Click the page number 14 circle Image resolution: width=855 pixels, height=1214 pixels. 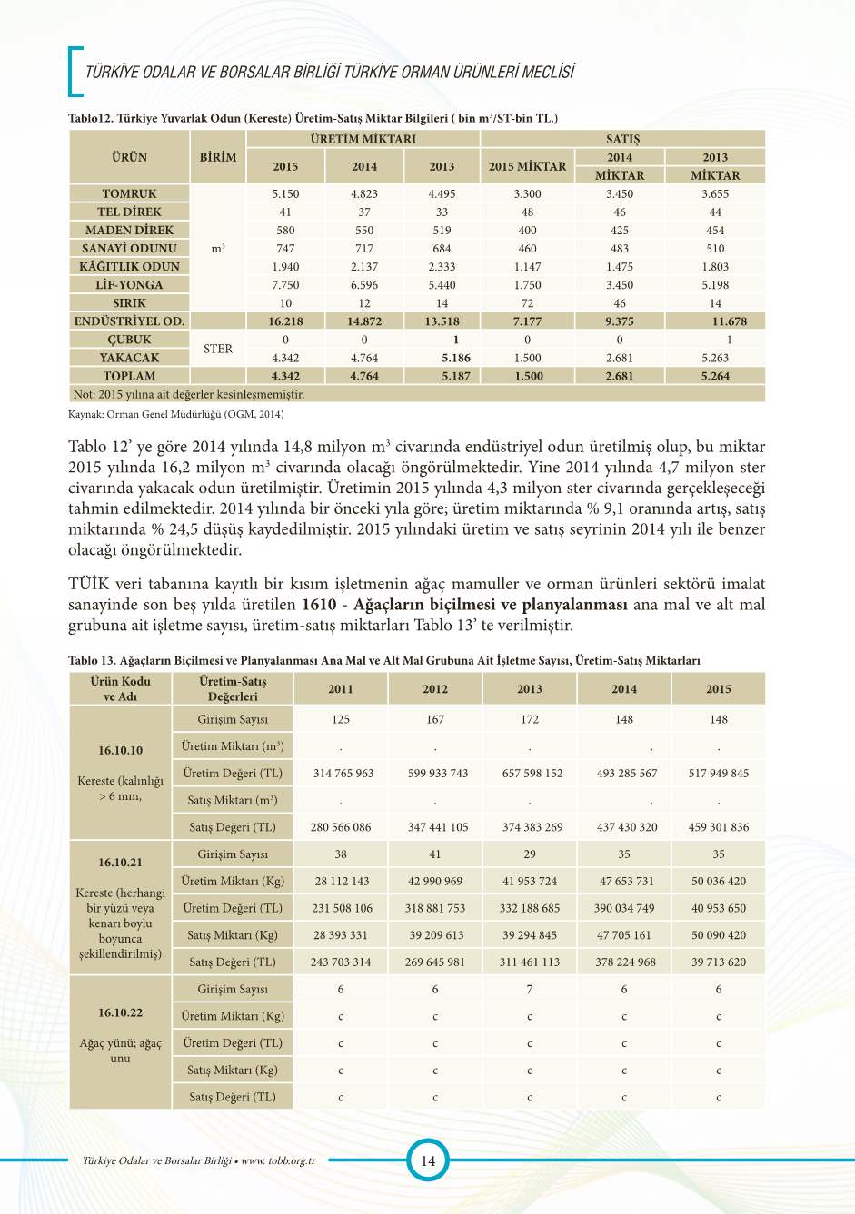[427, 1160]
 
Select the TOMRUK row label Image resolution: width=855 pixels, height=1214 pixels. [129, 193]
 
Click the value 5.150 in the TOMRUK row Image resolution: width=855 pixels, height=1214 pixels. [285, 193]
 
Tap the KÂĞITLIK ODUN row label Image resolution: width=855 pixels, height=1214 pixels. [129, 266]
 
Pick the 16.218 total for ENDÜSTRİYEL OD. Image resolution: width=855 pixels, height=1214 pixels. [285, 321]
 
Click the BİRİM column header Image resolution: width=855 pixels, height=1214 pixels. [218, 157]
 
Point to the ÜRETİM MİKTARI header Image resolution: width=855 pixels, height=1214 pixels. [363, 139]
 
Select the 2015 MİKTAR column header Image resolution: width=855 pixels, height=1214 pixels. [527, 166]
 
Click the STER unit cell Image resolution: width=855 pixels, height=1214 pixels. [218, 349]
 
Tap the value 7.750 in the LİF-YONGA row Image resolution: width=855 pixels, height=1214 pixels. [285, 284]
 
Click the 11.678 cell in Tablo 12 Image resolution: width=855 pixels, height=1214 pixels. [729, 321]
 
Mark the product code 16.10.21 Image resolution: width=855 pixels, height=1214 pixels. [121, 862]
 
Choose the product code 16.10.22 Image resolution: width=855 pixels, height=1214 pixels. [121, 1012]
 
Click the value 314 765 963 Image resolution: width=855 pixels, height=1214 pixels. [343, 773]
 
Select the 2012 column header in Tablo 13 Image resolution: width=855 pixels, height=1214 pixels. [435, 688]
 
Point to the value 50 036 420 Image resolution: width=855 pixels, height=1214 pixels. [719, 881]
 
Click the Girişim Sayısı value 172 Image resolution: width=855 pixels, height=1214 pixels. [530, 719]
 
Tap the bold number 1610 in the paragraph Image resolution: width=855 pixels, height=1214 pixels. [318, 605]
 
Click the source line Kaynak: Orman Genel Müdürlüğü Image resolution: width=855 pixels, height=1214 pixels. [176, 414]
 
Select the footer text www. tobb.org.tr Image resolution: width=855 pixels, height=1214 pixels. [278, 1160]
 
